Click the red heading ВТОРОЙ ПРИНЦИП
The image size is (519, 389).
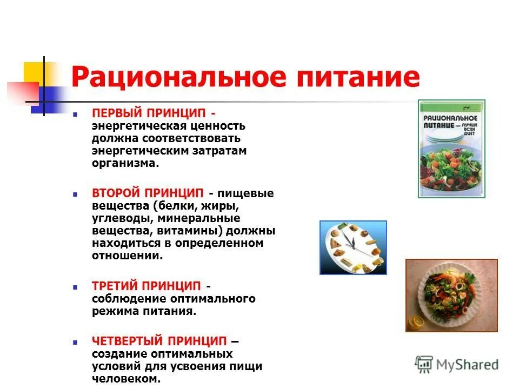point(147,193)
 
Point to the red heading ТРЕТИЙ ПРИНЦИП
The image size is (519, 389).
point(146,285)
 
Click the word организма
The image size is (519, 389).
point(125,163)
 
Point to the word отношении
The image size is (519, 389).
point(127,256)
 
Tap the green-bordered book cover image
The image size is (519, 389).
point(451,149)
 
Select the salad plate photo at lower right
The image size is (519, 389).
point(451,294)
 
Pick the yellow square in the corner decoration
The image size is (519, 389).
point(35,73)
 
